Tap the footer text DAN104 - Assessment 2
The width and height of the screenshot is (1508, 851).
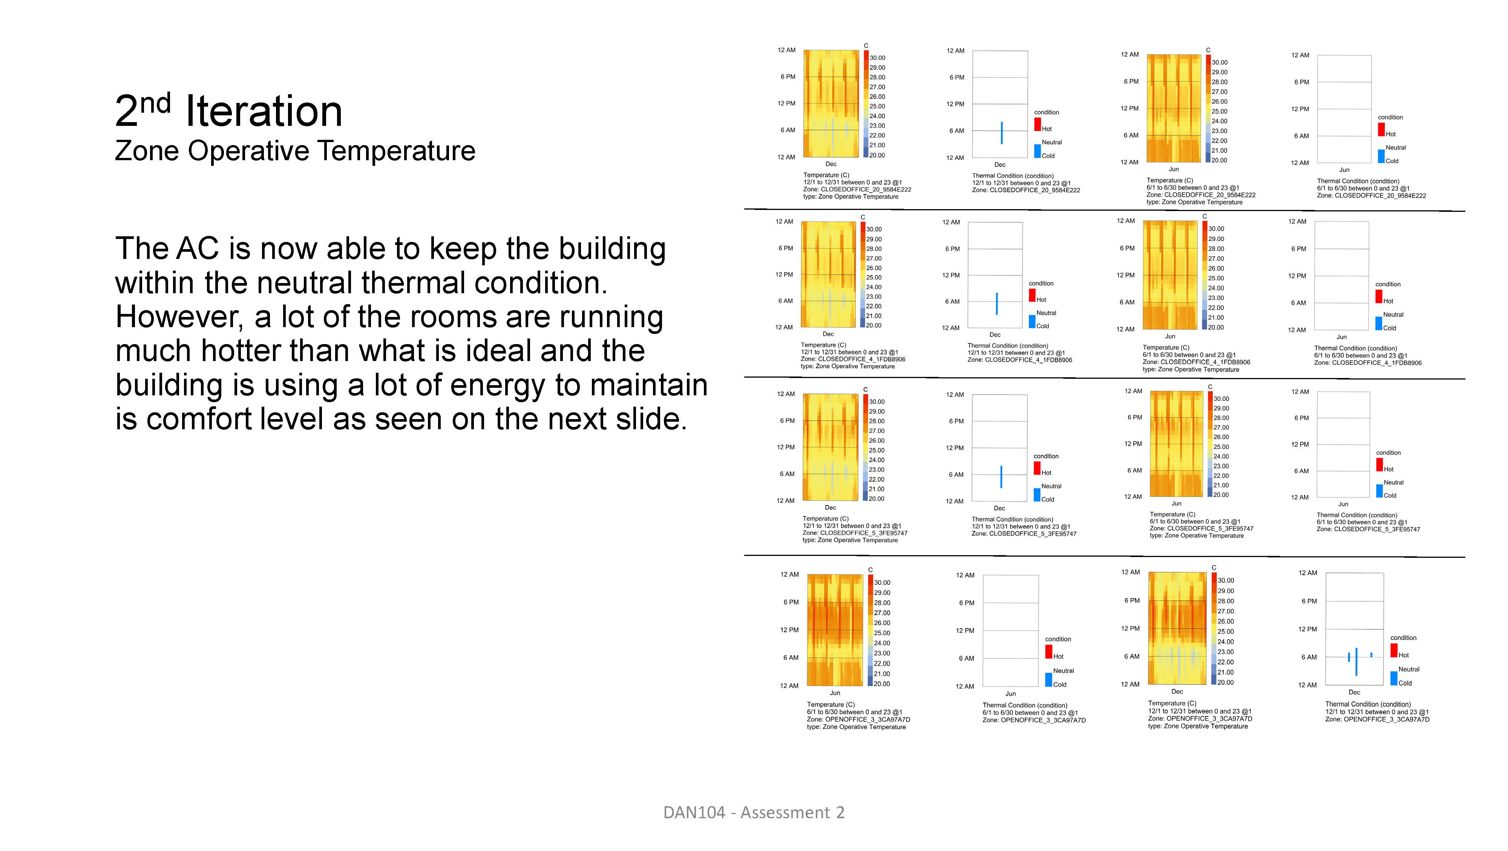(753, 813)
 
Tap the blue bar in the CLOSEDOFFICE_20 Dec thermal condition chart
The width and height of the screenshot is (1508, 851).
(1002, 133)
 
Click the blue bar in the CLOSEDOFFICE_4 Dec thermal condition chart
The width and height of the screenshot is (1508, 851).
(996, 304)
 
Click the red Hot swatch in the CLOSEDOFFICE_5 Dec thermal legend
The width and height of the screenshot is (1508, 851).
(1037, 468)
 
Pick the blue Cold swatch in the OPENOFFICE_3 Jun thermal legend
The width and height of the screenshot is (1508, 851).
(1048, 680)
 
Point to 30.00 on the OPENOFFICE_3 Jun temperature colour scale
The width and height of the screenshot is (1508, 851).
(882, 582)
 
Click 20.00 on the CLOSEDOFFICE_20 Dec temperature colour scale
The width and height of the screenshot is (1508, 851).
(877, 155)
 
